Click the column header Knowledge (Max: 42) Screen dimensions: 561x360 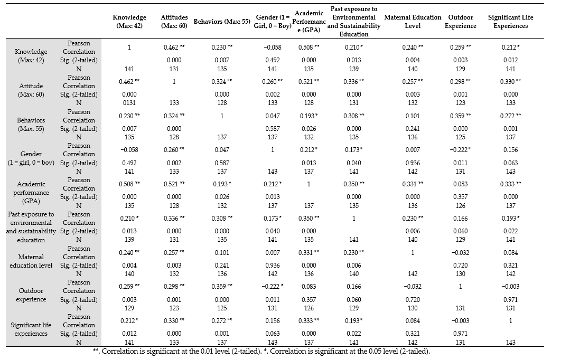pyautogui.click(x=129, y=22)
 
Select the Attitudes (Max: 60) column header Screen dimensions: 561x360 pyautogui.click(x=174, y=22)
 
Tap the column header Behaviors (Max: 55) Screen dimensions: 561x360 pyautogui.click(x=222, y=22)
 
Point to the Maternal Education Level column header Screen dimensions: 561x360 pyautogui.click(x=413, y=22)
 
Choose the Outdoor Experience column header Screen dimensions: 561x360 pyautogui.click(x=461, y=22)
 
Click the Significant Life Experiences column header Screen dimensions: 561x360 pyautogui.click(x=511, y=22)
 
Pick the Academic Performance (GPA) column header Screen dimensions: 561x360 pyautogui.click(x=309, y=22)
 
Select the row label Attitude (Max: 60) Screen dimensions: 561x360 pyautogui.click(x=31, y=90)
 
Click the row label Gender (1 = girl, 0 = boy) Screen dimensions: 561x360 pyautogui.click(x=31, y=158)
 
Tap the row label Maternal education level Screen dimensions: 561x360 pyautogui.click(x=31, y=261)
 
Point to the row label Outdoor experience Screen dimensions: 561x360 pyautogui.click(x=31, y=295)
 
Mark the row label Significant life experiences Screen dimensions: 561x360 pyautogui.click(x=31, y=329)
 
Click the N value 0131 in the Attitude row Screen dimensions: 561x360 pyautogui.click(x=129, y=103)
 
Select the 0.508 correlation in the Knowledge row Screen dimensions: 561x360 pyautogui.click(x=309, y=47)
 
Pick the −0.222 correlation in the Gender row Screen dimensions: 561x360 pyautogui.click(x=461, y=150)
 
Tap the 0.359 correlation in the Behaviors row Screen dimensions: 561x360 pyautogui.click(x=461, y=116)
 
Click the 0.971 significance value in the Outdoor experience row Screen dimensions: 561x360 pyautogui.click(x=511, y=300)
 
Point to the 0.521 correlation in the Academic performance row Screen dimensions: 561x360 pyautogui.click(x=174, y=184)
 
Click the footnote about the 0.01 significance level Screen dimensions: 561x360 pyautogui.click(x=177, y=352)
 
